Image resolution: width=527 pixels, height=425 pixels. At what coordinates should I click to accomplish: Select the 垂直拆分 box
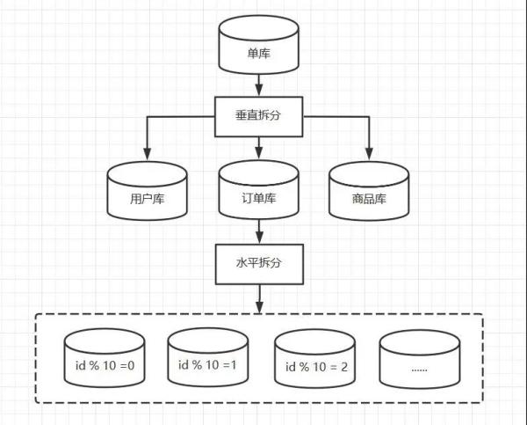tap(259, 116)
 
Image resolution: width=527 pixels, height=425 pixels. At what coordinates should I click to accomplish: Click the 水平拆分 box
tap(259, 264)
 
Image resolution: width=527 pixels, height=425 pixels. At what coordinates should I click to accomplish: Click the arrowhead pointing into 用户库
tap(148, 154)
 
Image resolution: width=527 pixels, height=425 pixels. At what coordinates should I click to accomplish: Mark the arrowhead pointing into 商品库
tap(369, 154)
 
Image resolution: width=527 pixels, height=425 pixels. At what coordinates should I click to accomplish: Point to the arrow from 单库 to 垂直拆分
tap(258, 85)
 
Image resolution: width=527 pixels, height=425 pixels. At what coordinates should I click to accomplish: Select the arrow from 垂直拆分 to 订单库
tap(258, 148)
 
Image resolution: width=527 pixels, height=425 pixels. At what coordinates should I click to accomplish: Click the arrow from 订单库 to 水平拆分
tap(259, 231)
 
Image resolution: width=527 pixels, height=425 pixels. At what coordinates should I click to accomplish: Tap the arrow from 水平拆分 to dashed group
tap(259, 299)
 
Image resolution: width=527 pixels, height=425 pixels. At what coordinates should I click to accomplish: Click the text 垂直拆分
tap(257, 115)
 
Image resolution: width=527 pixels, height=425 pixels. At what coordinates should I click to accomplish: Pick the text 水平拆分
tap(258, 263)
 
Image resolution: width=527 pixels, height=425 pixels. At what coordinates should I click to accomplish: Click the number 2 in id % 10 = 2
tap(344, 367)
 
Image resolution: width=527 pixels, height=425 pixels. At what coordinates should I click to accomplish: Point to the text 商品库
tap(369, 199)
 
